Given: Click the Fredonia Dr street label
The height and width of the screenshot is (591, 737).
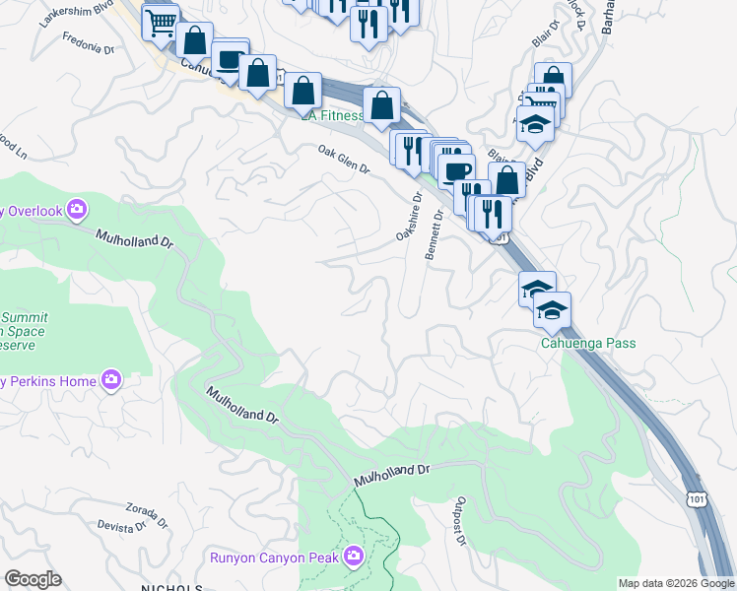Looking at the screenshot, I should [89, 44].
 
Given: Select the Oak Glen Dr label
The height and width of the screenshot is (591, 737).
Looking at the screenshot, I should [343, 161].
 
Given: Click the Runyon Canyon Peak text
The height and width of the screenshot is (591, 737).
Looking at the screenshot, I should [274, 558].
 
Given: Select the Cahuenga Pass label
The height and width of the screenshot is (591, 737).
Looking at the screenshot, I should [587, 344].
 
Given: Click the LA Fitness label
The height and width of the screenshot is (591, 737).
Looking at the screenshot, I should [332, 115].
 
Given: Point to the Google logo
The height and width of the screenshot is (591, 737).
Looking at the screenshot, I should [33, 579].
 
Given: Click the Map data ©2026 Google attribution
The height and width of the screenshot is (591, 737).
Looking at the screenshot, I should [676, 583].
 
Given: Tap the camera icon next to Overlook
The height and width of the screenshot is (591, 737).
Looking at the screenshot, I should [78, 210].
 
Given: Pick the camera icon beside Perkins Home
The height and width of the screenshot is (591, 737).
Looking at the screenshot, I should [111, 380].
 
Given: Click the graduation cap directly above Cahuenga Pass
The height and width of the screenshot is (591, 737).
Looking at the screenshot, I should [553, 310].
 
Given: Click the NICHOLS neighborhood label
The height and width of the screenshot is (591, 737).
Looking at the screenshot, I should [171, 587].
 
